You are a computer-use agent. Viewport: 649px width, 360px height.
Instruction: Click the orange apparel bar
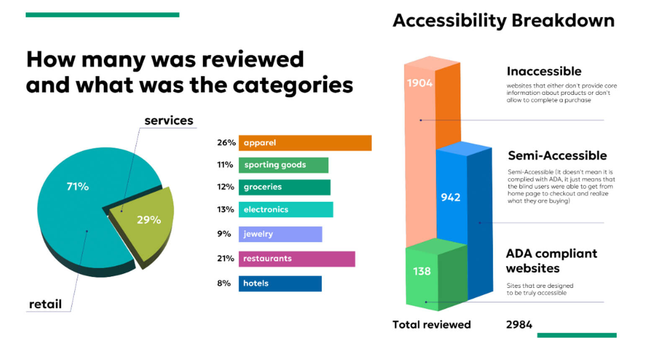point(305,143)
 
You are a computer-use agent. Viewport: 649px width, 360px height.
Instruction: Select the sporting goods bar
point(283,165)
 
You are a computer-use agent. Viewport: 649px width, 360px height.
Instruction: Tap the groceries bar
point(284,187)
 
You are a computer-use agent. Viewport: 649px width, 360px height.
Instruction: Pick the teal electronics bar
point(286,209)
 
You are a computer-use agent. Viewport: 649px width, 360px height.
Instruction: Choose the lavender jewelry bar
point(280,234)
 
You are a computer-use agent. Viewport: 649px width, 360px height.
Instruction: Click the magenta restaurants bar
point(296,259)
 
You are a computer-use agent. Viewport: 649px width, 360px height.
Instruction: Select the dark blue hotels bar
point(280,283)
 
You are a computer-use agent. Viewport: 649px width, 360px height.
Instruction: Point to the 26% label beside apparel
point(226,143)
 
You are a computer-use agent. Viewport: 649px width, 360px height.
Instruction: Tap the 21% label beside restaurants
point(225,259)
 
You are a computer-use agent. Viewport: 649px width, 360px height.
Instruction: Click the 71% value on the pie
point(78,186)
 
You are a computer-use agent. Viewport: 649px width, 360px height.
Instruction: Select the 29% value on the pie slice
point(149,220)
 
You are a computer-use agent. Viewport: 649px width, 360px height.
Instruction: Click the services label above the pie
point(169,121)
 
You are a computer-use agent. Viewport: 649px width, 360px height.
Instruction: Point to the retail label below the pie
point(45,304)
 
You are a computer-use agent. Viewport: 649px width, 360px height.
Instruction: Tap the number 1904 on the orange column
point(420,83)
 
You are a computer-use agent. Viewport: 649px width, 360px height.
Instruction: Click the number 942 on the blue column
point(451,197)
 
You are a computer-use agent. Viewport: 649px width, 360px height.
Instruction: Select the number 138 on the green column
point(422,271)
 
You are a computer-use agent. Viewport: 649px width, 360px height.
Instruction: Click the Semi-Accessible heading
point(557,156)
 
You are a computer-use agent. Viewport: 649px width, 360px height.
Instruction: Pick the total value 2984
point(519,324)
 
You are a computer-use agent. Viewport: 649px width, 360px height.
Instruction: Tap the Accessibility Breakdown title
point(503,21)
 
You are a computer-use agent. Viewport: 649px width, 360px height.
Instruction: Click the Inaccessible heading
point(544,71)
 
